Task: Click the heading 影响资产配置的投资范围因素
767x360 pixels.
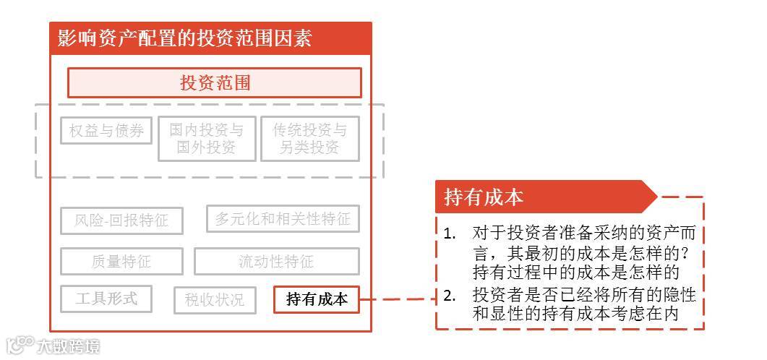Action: click(x=181, y=38)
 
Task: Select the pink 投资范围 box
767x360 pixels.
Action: click(x=215, y=82)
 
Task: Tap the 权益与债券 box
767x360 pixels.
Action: click(x=106, y=131)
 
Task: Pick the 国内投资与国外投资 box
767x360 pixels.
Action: click(x=207, y=139)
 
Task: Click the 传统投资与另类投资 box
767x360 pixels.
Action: click(x=309, y=139)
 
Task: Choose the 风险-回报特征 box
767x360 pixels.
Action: click(x=121, y=220)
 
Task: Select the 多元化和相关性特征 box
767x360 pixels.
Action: click(x=283, y=218)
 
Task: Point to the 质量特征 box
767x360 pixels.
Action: click(x=121, y=262)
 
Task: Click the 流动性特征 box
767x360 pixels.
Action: click(x=276, y=262)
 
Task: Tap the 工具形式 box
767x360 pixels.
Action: click(x=106, y=298)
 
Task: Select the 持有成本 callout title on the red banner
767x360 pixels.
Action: click(x=484, y=197)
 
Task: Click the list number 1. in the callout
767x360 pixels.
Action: click(x=450, y=233)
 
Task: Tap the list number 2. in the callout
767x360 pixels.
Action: click(x=450, y=295)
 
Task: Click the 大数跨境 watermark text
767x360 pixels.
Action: click(x=68, y=346)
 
